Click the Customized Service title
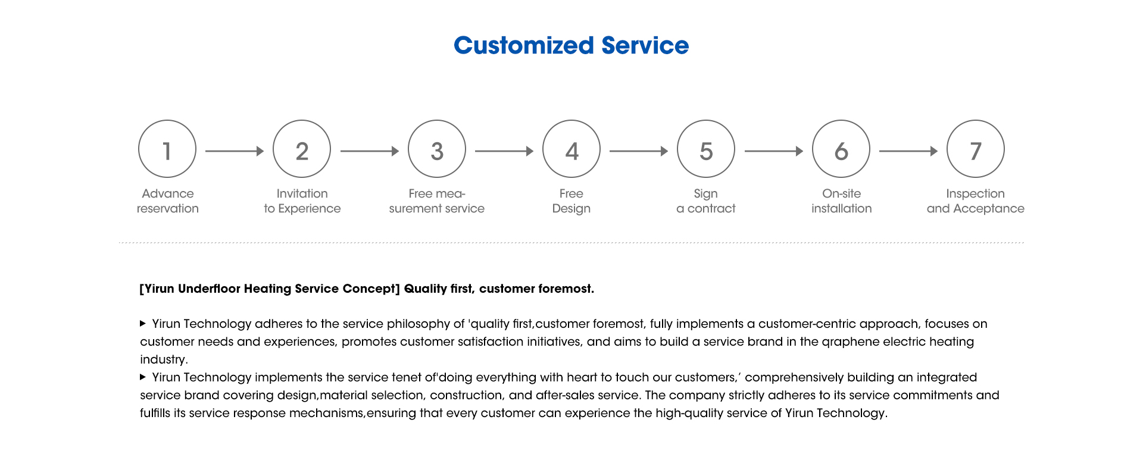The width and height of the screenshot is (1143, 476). tap(571, 45)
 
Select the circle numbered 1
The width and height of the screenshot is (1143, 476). tap(167, 120)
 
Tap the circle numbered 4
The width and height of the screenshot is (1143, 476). tap(571, 120)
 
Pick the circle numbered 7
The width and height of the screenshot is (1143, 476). tap(976, 120)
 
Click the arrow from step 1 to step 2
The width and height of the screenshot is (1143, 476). tap(235, 151)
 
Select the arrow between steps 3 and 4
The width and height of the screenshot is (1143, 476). tap(504, 151)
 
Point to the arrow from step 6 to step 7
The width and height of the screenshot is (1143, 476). tap(908, 151)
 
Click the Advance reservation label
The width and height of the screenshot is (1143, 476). tap(168, 201)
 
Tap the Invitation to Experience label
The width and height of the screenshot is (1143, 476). tap(302, 201)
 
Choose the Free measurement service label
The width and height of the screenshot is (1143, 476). tap(437, 201)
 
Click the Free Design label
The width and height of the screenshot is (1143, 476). tap(571, 201)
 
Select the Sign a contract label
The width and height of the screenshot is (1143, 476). tap(706, 201)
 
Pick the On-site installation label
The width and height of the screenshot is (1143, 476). tap(842, 201)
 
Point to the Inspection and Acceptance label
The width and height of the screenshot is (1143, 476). tap(976, 201)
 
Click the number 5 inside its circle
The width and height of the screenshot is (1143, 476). tap(706, 151)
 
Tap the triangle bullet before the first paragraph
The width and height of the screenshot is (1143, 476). tap(143, 324)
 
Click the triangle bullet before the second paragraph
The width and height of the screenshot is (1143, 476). tap(143, 377)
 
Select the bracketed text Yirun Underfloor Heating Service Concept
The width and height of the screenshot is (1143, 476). tap(270, 289)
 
